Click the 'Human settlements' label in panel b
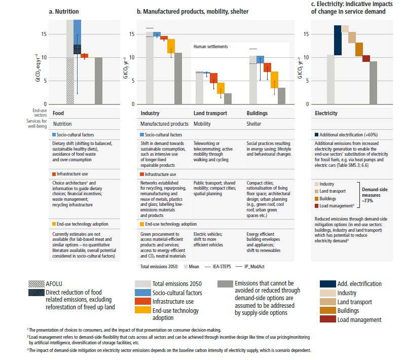(210, 47)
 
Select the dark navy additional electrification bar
(337, 40)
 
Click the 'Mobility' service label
(203, 124)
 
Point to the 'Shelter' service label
(254, 124)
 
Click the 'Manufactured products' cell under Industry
(164, 124)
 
